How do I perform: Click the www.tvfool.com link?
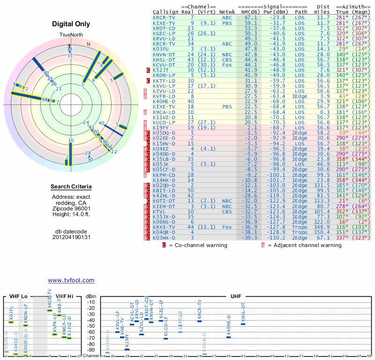click(71, 280)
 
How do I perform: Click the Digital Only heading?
click(71, 24)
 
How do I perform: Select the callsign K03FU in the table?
click(161, 49)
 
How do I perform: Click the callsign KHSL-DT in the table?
click(164, 60)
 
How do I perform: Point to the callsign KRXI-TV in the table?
click(164, 227)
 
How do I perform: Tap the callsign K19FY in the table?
click(161, 127)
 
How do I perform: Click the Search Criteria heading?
click(71, 187)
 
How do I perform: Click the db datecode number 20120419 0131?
click(71, 237)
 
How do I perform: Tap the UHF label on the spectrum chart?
click(235, 296)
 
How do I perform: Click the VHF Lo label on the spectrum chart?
click(19, 296)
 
